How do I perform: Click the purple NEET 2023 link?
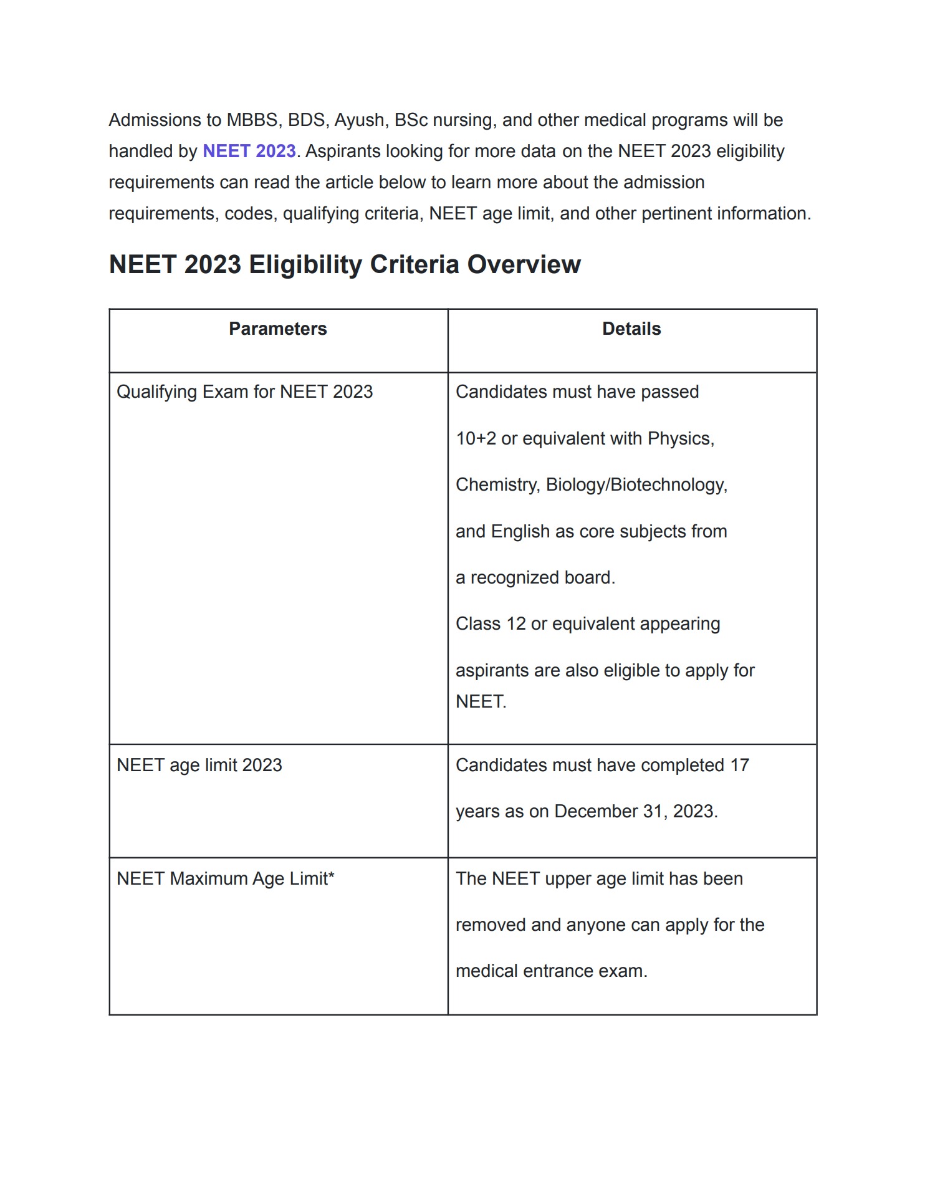pos(249,151)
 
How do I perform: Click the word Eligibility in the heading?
pos(305,265)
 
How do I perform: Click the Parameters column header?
pos(278,329)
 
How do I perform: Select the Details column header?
pos(631,329)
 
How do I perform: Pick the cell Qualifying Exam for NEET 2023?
pos(244,392)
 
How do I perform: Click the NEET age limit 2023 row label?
pos(199,766)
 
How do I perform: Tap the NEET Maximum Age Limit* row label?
pos(226,879)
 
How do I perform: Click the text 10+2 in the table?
pos(476,439)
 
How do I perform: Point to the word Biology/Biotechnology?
pos(636,485)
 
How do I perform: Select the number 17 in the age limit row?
pos(739,766)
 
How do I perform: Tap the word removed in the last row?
pos(491,925)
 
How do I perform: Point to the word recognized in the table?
pos(515,578)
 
